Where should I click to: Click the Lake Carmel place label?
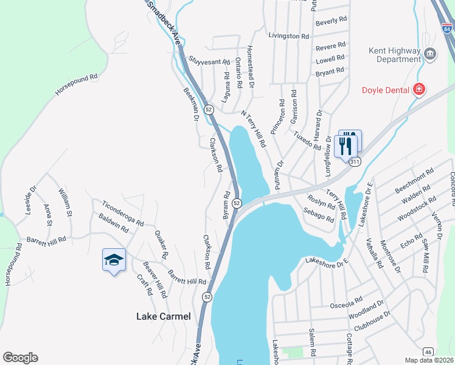click(x=163, y=316)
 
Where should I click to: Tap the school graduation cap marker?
click(x=114, y=260)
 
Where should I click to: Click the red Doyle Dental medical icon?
click(x=419, y=90)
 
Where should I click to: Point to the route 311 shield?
click(x=355, y=162)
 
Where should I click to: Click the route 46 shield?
click(x=428, y=352)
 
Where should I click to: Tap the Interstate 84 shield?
click(x=448, y=26)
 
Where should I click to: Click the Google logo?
click(x=20, y=358)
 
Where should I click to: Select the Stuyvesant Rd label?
click(x=209, y=61)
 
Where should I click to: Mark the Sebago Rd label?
click(x=318, y=215)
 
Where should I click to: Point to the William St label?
click(x=65, y=203)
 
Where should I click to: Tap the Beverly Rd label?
click(x=332, y=21)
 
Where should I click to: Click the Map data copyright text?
click(x=429, y=360)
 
